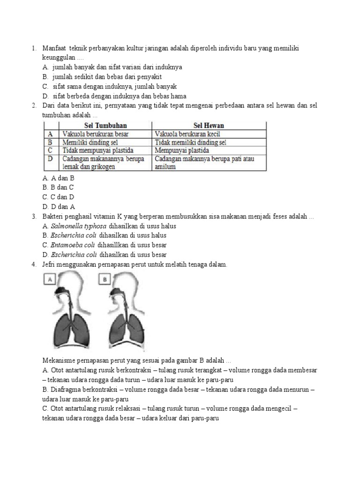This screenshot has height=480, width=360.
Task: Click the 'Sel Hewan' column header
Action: pyautogui.click(x=209, y=125)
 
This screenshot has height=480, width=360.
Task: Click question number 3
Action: pyautogui.click(x=34, y=217)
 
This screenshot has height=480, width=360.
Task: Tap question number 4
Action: pyautogui.click(x=34, y=265)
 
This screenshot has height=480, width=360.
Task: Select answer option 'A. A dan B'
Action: pyautogui.click(x=58, y=178)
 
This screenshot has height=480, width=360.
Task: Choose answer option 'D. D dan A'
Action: pyautogui.click(x=58, y=207)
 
